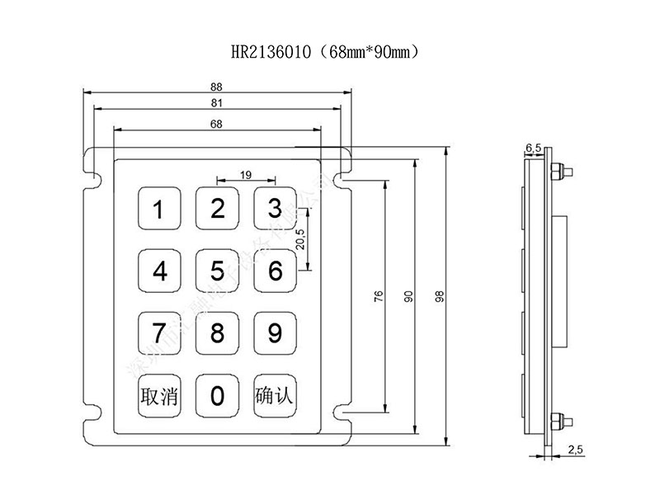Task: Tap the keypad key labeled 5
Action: [x=217, y=271]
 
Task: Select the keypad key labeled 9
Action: [x=275, y=332]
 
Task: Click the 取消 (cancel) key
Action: [x=159, y=396]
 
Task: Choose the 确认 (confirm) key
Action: [x=275, y=396]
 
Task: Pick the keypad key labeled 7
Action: [x=159, y=332]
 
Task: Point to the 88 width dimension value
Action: [x=217, y=86]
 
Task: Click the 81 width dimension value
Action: [x=217, y=104]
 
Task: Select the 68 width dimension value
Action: [x=217, y=124]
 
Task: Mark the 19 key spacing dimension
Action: [x=246, y=175]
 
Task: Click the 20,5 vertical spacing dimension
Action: [x=301, y=238]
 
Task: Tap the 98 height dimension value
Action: [x=440, y=297]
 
